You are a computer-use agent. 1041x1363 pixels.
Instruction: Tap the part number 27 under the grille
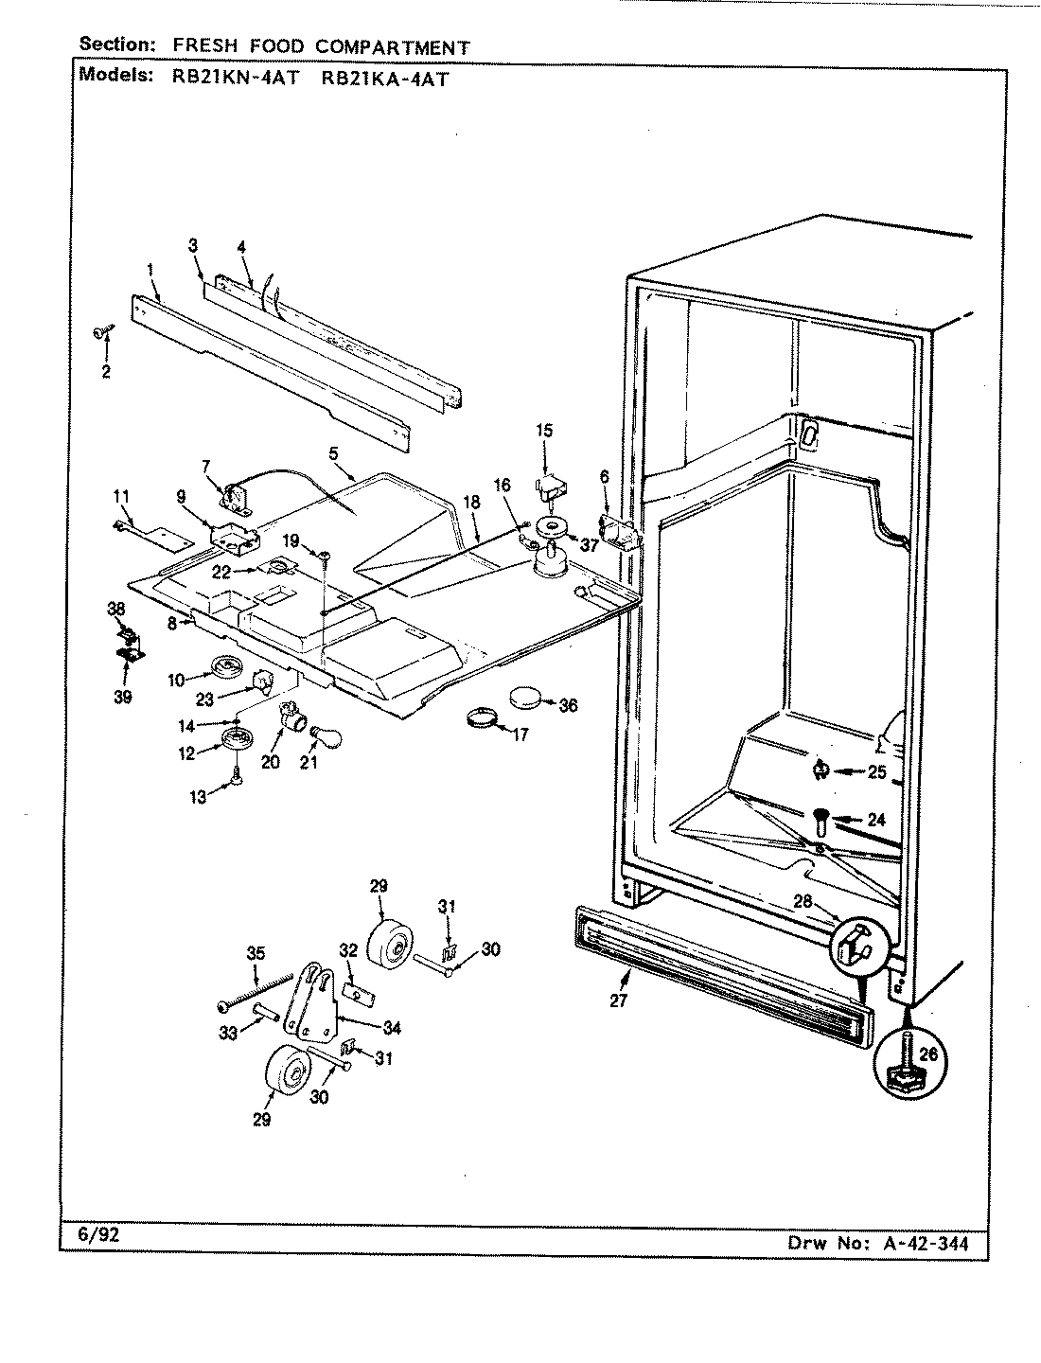[x=619, y=1000]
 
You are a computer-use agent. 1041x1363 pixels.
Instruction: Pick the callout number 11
[x=120, y=496]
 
